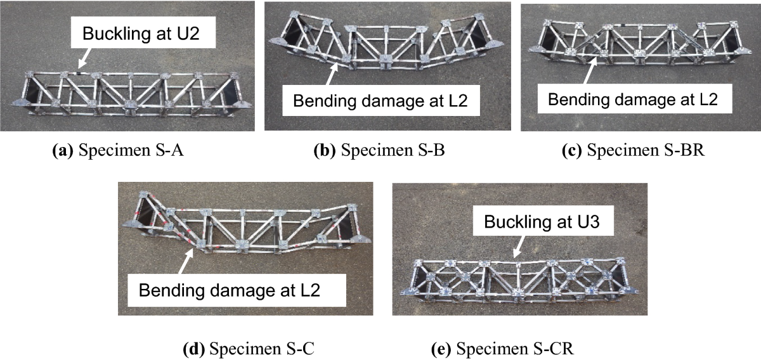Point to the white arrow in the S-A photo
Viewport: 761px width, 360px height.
[81, 61]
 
